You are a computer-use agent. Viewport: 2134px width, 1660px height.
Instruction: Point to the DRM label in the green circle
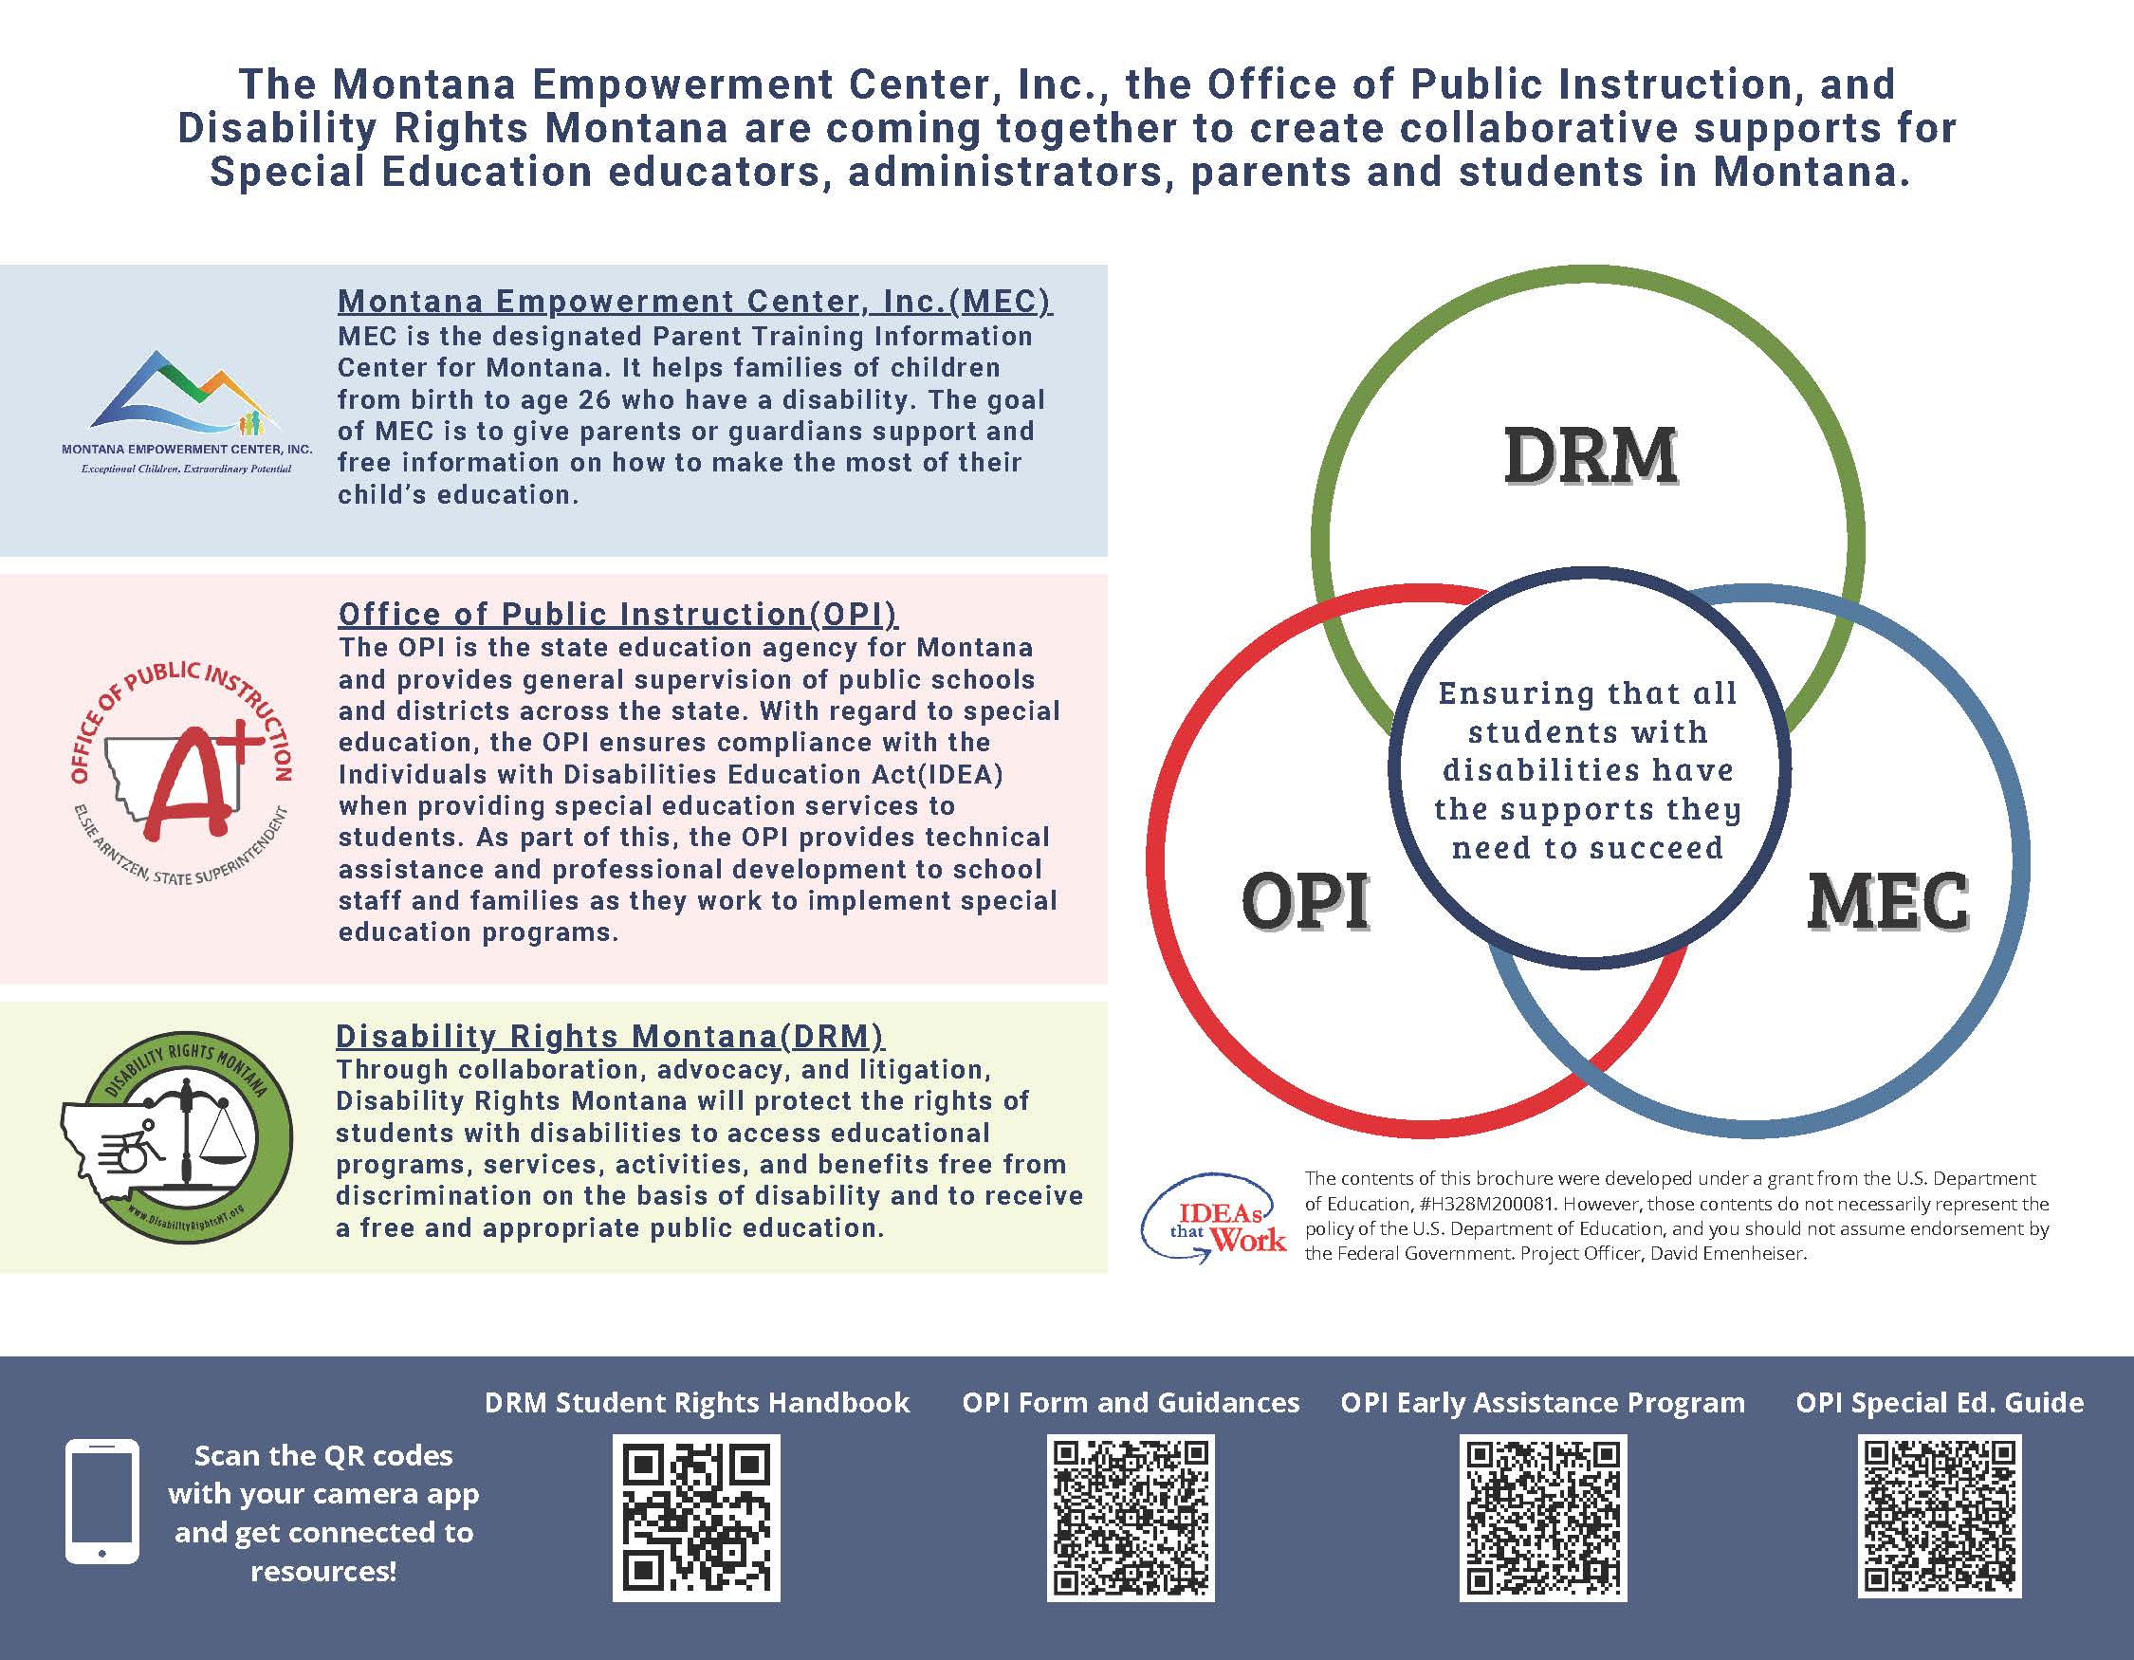(1590, 456)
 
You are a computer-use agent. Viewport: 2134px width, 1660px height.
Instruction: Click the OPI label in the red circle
(1304, 901)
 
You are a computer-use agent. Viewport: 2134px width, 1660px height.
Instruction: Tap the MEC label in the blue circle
(1886, 901)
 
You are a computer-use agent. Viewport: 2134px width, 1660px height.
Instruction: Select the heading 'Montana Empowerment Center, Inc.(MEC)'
(694, 301)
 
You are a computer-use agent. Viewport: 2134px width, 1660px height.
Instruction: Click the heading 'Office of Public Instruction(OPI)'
(617, 614)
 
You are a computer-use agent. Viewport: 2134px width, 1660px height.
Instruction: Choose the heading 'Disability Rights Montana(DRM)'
(610, 1036)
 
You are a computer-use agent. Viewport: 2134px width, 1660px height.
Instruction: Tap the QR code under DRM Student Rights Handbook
(696, 1519)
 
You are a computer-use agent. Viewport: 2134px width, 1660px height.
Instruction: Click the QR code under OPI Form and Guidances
(1131, 1519)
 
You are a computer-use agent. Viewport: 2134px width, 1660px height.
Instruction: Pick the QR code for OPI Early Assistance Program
(1543, 1519)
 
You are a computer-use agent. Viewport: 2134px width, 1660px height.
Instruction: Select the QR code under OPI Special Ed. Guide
(1939, 1517)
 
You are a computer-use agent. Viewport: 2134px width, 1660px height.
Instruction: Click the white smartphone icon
(101, 1502)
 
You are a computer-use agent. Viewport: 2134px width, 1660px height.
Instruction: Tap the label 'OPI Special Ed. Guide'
(1939, 1403)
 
